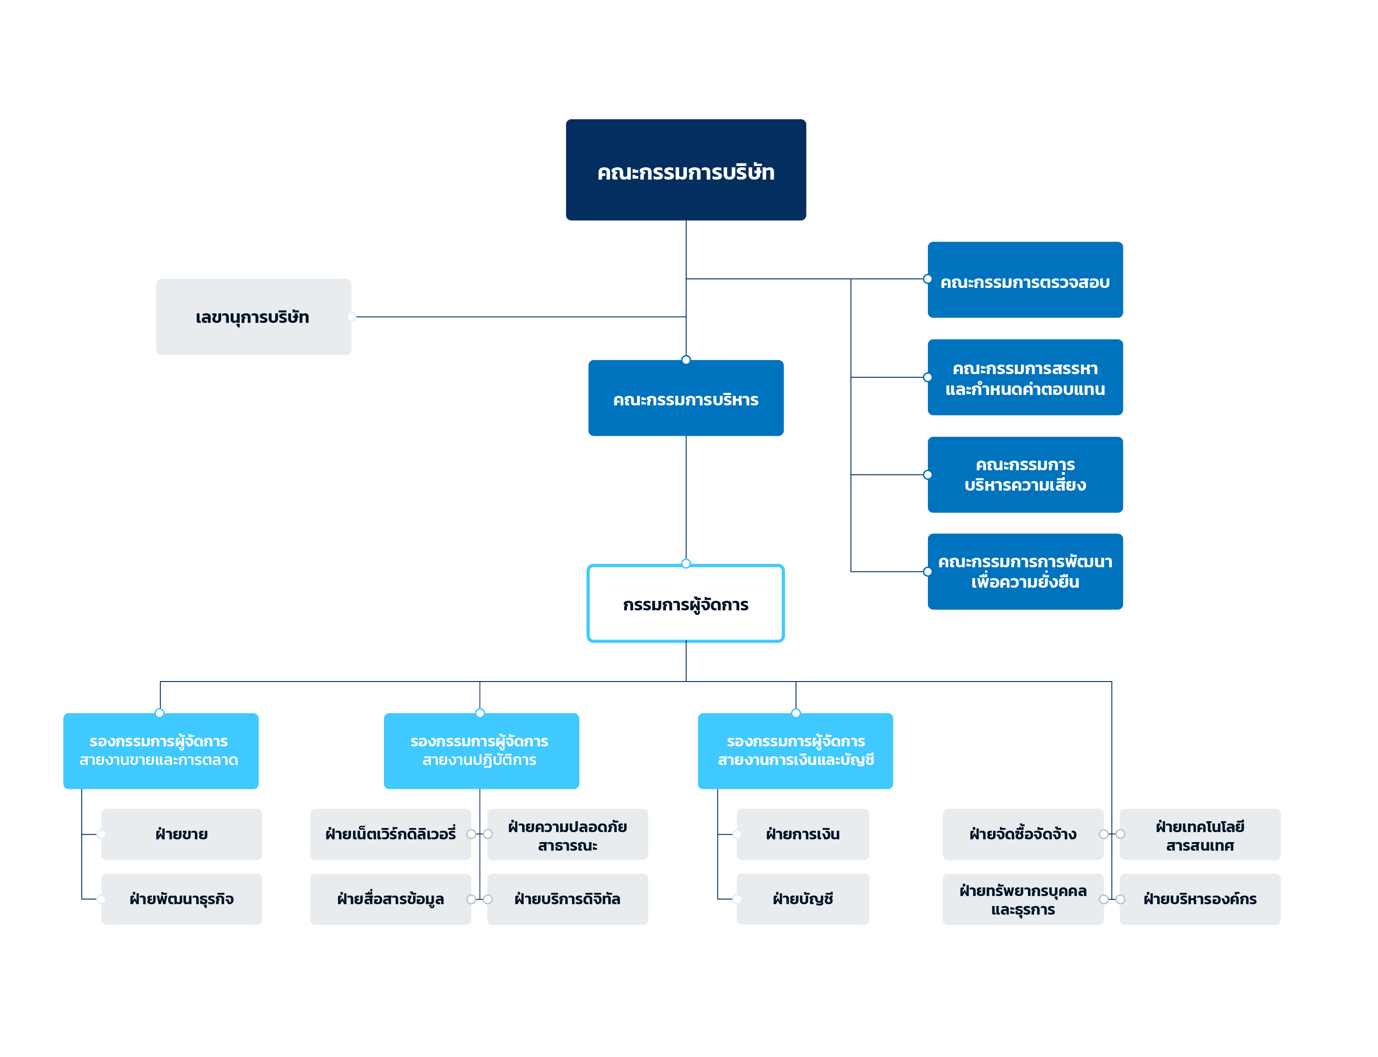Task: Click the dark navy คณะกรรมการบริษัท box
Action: coord(685,170)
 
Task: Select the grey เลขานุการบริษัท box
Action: coord(253,317)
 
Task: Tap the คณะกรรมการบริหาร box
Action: coord(685,398)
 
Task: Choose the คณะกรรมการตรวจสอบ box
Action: coord(1025,280)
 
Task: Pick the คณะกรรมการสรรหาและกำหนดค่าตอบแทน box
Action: coord(1025,377)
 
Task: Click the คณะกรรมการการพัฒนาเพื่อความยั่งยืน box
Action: coord(1025,572)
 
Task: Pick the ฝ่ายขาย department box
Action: coord(182,834)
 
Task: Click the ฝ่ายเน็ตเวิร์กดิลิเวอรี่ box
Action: coord(391,834)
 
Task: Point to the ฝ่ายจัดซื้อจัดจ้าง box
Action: coord(1023,834)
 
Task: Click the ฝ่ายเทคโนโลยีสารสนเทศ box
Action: coord(1200,834)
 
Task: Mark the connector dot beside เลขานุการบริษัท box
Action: coord(352,317)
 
